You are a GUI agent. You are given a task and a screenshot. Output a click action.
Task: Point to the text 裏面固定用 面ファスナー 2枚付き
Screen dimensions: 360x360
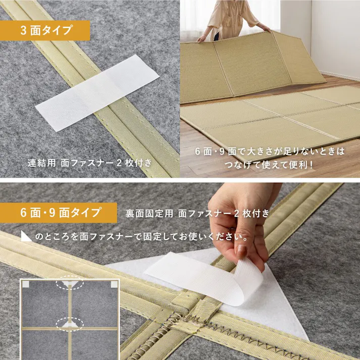tap(197, 213)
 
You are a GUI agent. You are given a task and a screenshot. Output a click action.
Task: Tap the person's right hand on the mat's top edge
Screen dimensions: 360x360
tap(201, 38)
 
